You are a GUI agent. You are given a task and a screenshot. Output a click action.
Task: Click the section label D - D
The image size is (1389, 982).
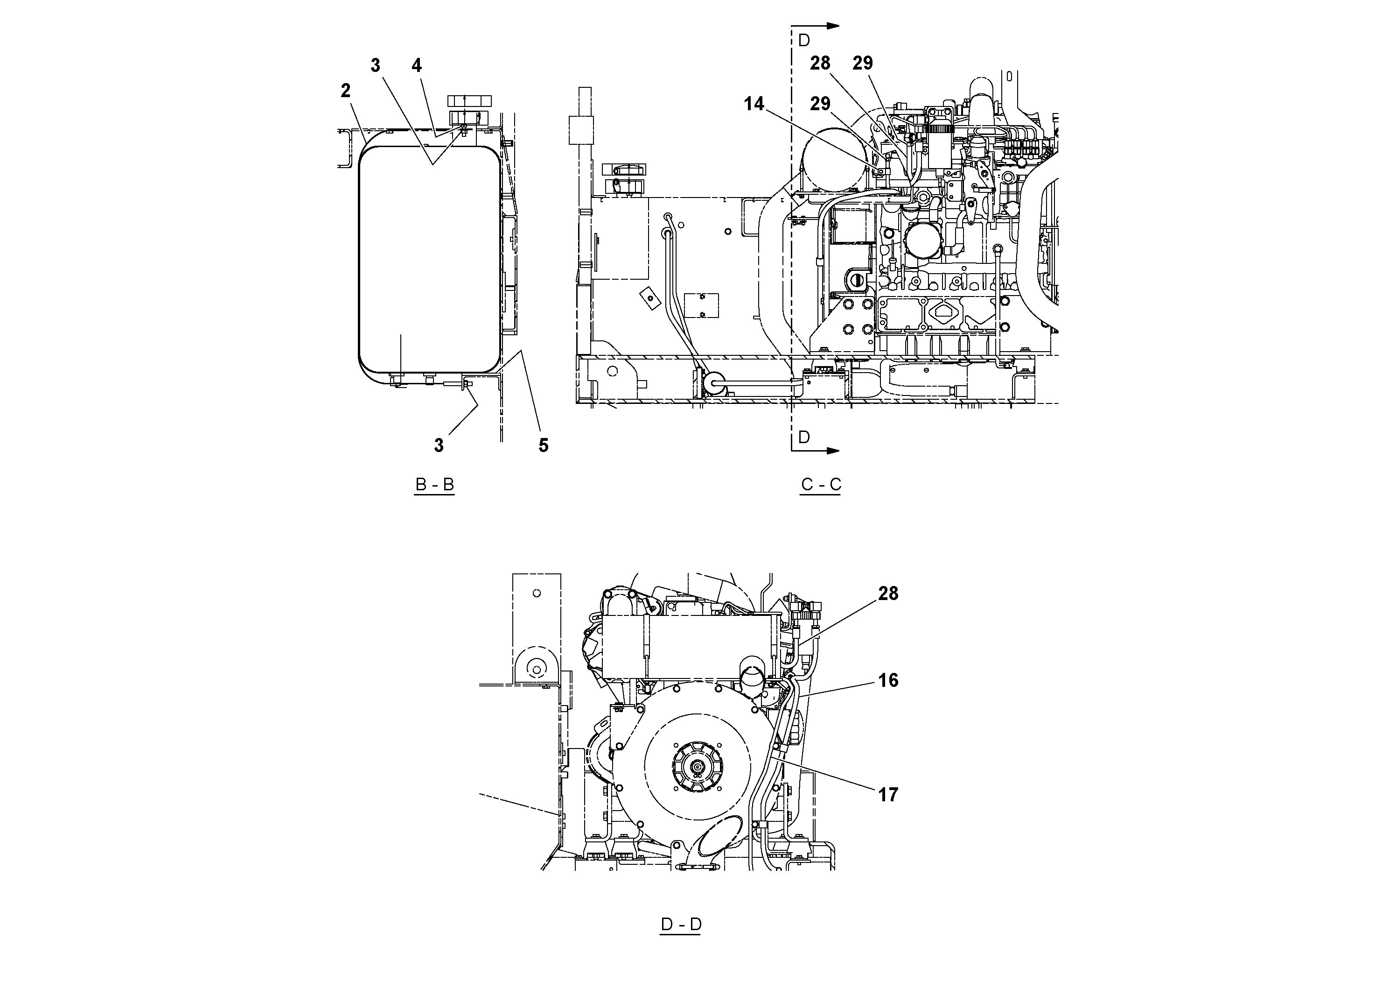(681, 925)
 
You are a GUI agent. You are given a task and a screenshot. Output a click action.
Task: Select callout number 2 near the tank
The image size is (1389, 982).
(345, 91)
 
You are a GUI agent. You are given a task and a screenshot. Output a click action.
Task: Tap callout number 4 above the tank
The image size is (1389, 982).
(416, 65)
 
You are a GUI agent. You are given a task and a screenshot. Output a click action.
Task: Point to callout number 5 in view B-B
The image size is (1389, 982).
(543, 445)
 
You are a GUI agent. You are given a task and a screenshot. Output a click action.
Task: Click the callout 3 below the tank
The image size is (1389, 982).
(439, 445)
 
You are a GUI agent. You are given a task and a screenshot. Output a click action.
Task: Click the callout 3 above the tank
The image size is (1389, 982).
(375, 65)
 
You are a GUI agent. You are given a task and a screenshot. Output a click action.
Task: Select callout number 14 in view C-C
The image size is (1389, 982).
(754, 104)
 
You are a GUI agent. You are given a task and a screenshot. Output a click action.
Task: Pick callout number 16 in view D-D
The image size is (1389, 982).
(888, 680)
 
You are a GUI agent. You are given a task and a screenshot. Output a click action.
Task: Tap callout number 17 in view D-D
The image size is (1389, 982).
(888, 794)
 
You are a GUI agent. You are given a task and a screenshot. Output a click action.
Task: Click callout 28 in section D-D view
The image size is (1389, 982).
(888, 594)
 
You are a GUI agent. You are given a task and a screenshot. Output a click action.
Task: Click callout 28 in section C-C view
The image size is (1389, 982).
(820, 63)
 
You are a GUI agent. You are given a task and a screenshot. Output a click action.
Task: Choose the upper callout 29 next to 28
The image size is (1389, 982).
(863, 63)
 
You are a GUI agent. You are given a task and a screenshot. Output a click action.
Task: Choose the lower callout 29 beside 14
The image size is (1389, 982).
(820, 104)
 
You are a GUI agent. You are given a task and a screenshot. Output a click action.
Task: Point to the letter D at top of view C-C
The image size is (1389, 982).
(804, 41)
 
